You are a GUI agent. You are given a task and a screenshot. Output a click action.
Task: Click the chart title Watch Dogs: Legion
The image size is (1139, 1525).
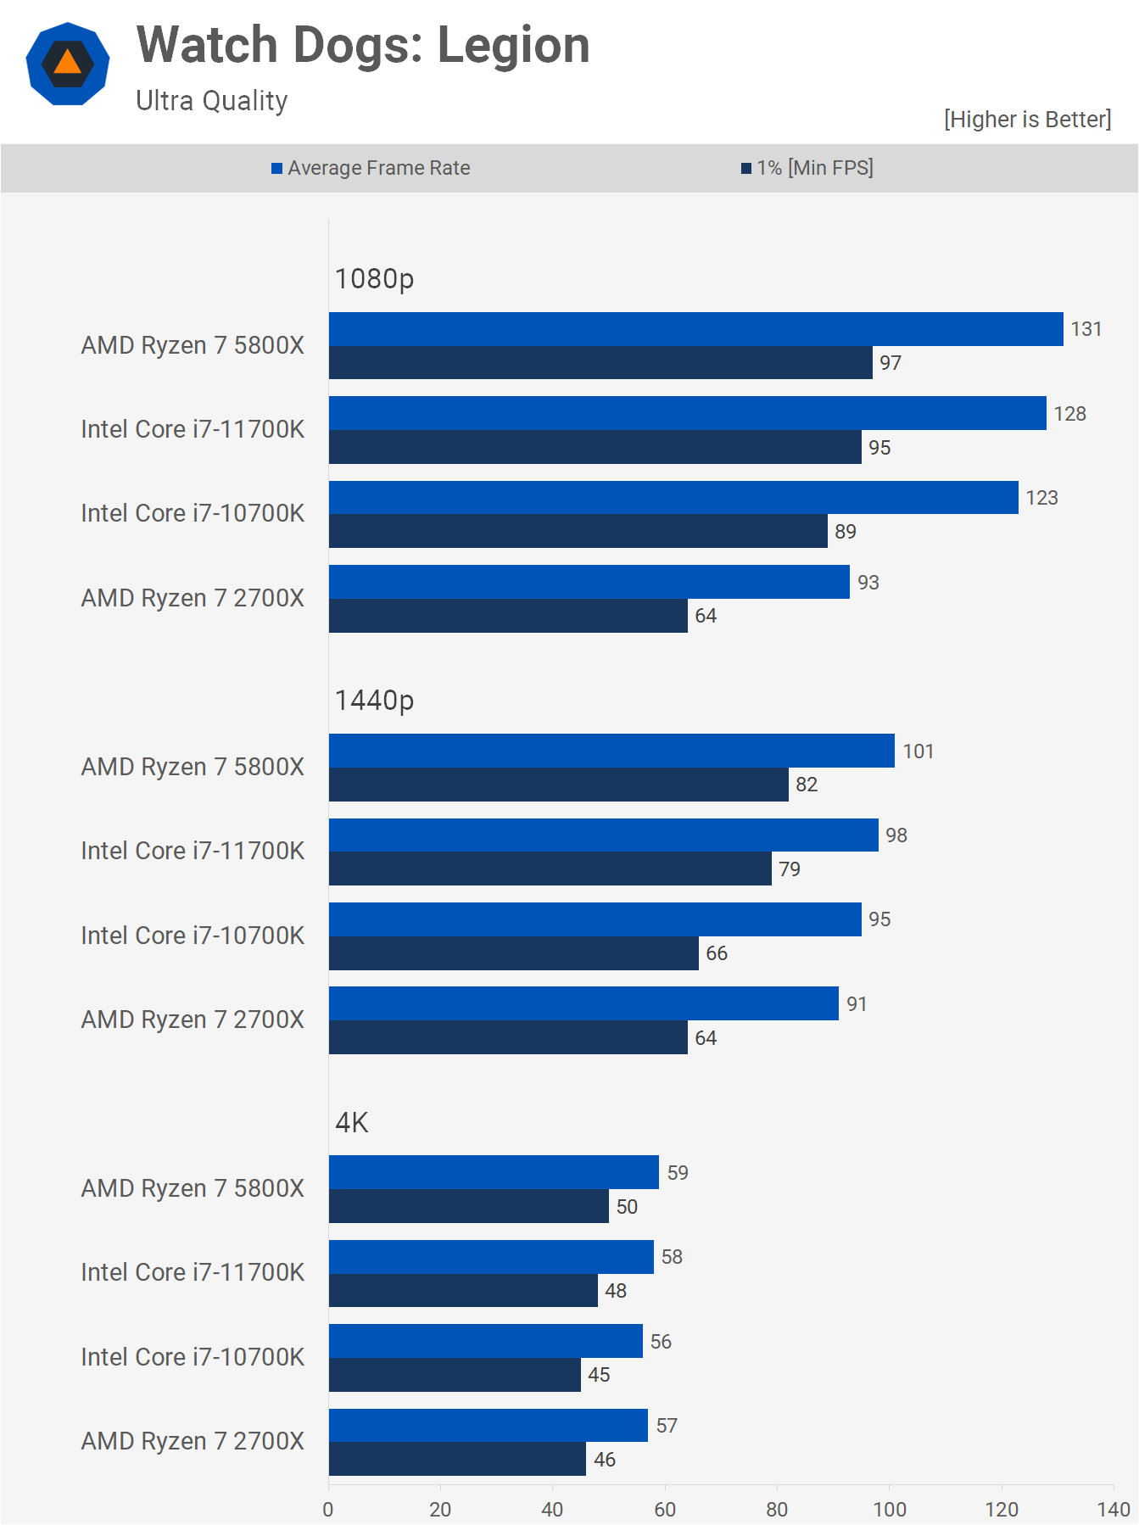pos(363,45)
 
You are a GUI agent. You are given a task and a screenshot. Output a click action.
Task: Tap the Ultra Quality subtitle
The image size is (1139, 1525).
pos(212,101)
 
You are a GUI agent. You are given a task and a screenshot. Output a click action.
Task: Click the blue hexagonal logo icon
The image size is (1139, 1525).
pos(68,64)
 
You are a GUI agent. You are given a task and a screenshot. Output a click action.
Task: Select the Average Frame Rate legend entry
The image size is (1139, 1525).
pos(371,168)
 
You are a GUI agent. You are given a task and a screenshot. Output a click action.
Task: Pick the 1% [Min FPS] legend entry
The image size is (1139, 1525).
pos(807,168)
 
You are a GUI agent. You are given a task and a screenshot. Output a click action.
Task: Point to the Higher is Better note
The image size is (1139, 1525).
pos(1027,120)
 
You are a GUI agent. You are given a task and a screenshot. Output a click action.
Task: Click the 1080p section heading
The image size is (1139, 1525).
pos(374,278)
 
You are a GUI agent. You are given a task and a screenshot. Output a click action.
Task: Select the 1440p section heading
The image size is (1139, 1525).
pos(374,701)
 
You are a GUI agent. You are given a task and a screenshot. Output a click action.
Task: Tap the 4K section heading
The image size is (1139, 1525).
pos(351,1123)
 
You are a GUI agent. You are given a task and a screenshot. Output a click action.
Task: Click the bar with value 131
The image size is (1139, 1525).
pos(695,329)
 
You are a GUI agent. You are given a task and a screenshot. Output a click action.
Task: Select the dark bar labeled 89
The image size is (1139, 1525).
pos(578,532)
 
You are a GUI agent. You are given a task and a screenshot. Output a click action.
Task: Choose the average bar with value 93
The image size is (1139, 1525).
pos(589,582)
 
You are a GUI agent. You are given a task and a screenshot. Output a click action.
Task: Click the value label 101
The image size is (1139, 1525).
pos(918,751)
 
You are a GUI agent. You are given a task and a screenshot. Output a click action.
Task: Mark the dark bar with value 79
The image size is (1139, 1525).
pos(550,869)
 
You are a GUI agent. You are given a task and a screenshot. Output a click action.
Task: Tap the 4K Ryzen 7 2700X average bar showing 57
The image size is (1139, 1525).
pos(488,1426)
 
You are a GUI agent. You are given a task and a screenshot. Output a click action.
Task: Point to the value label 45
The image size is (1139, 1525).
pos(599,1375)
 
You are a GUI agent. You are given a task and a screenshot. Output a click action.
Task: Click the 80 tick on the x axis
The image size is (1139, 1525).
pos(777,1510)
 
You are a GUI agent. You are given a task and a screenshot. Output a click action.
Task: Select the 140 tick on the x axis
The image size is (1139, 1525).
pos(1113,1510)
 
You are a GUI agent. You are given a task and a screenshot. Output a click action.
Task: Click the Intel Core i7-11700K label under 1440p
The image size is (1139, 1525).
pos(193,851)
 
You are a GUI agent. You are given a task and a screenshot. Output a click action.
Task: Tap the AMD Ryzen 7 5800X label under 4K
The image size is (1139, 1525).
pos(193,1188)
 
